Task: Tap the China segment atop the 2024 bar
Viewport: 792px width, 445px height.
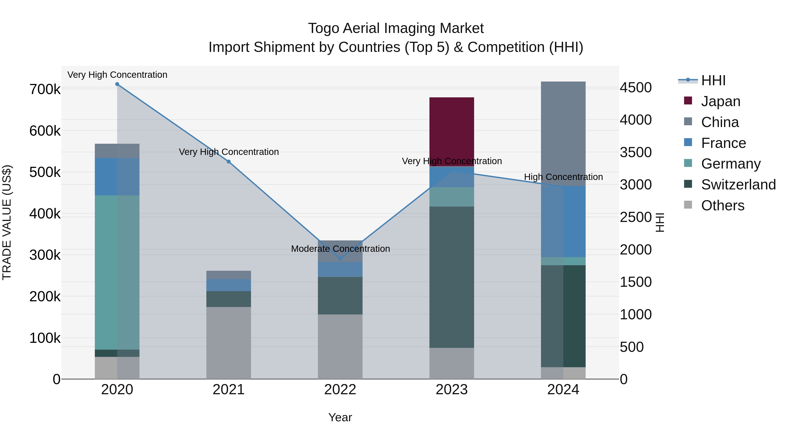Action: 563,134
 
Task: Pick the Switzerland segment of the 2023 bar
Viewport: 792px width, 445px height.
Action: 451,277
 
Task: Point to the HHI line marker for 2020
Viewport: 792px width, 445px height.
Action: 117,84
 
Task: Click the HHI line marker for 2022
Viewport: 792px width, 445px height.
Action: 340,259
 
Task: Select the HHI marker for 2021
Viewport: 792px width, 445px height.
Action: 228,162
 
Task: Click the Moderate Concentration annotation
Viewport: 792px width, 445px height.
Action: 340,249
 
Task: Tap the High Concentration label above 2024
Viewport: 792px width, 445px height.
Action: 563,177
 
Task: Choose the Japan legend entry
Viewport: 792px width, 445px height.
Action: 720,101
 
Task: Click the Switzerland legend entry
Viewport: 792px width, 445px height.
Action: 738,185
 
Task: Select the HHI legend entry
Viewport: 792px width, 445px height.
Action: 713,80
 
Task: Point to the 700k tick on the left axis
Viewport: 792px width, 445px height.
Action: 45,89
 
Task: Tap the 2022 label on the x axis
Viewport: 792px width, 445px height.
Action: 340,390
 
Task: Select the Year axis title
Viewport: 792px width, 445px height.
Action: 340,417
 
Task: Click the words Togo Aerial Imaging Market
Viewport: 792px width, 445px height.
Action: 396,28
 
